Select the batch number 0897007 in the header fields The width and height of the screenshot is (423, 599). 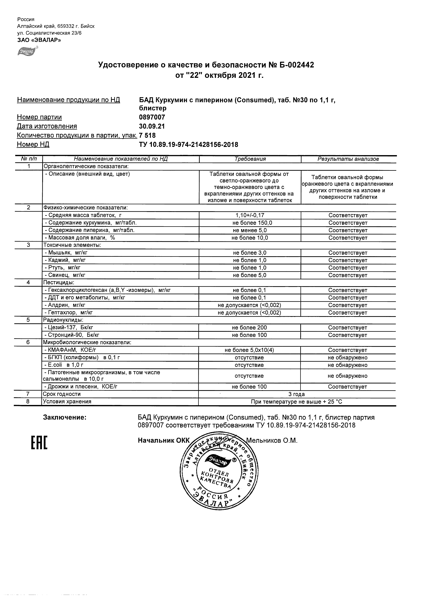[x=152, y=117]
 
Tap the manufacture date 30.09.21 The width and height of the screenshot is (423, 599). [x=152, y=126]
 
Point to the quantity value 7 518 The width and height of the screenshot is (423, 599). [x=148, y=135]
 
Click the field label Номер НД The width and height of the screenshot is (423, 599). [x=33, y=144]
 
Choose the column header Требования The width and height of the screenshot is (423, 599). [x=250, y=159]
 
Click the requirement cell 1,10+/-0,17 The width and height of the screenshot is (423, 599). [x=250, y=215]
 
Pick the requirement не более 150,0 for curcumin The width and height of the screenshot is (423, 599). [x=250, y=223]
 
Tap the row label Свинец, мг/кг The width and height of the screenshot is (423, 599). [x=65, y=275]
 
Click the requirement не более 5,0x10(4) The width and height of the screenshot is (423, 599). [x=249, y=350]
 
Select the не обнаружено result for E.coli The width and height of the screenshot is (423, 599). [x=347, y=365]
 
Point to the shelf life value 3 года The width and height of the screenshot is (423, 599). [x=297, y=394]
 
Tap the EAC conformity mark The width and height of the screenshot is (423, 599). [x=39, y=443]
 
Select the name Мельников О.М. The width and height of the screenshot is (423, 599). [x=272, y=441]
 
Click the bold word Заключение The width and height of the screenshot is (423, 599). [x=64, y=418]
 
